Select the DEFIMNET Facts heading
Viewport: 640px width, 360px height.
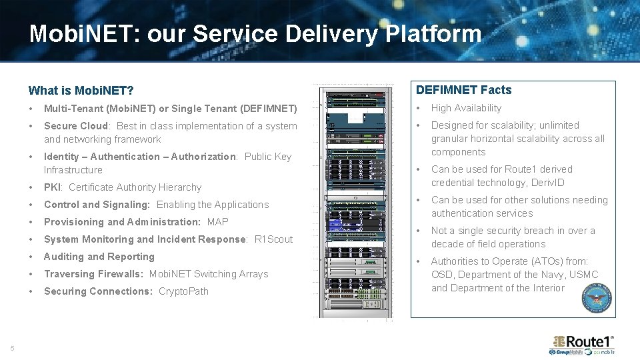click(464, 90)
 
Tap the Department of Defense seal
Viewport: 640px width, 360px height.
click(597, 297)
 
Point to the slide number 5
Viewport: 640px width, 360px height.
click(12, 348)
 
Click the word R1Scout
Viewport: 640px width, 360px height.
click(273, 239)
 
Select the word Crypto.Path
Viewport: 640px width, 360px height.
click(183, 291)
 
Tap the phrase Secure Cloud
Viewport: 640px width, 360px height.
click(75, 126)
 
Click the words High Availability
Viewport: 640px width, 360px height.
click(466, 108)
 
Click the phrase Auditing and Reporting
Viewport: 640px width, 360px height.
click(99, 257)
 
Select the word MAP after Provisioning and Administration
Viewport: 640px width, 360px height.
click(217, 222)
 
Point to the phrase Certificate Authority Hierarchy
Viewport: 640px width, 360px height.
click(135, 187)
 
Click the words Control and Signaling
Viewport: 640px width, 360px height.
click(97, 205)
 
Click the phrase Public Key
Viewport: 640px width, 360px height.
click(268, 157)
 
